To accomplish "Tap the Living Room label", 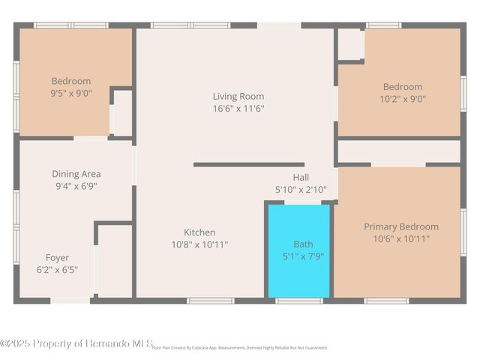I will click(238, 96).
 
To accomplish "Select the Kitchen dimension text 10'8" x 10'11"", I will click(199, 244).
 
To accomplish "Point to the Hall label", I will click(301, 177).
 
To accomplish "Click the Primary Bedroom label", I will click(401, 226).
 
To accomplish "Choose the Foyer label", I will click(57, 257).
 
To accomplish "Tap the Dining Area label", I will click(76, 174).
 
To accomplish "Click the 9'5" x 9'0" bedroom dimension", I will click(71, 94).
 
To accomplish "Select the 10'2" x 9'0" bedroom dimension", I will click(403, 98).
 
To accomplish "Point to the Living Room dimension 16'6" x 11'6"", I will click(238, 108).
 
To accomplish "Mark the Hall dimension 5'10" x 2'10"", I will click(301, 190).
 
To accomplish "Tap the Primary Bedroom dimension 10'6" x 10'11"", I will click(401, 238).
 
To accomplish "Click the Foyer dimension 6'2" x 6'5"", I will click(57, 269).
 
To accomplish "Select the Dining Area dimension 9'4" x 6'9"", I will click(76, 186).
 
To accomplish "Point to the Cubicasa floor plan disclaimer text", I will click(240, 348).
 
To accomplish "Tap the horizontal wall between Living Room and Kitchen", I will click(248, 164).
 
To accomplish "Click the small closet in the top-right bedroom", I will click(350, 45).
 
